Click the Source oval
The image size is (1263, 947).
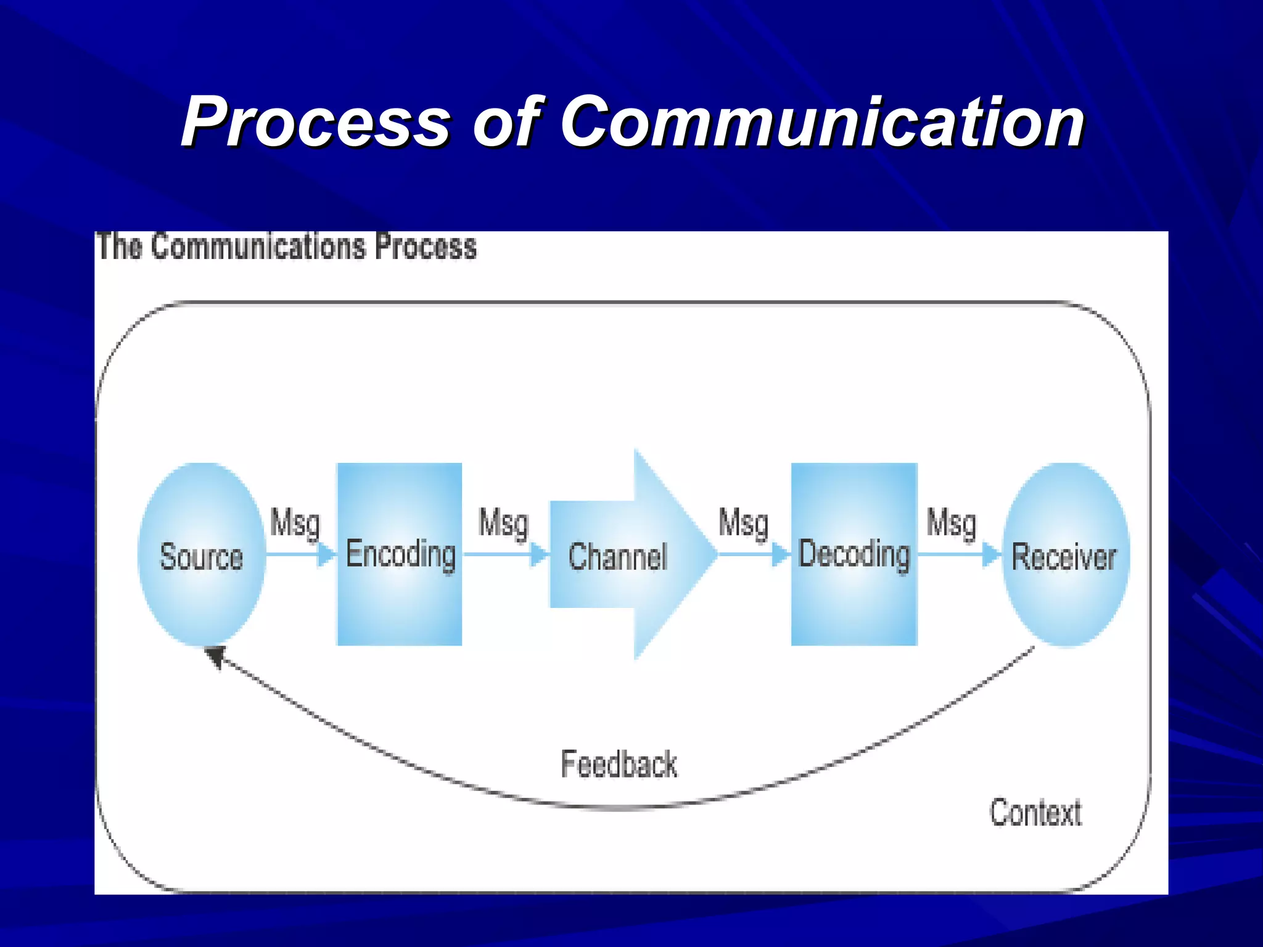[x=201, y=555]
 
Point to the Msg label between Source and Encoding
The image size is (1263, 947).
[x=295, y=523]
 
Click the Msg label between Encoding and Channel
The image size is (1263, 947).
[x=504, y=523]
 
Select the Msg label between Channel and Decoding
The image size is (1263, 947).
[x=743, y=523]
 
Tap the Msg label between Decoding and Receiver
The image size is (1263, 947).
[x=952, y=523]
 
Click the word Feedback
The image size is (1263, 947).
[x=619, y=765]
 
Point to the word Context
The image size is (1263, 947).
[x=1035, y=812]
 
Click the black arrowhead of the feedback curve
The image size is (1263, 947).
[x=215, y=656]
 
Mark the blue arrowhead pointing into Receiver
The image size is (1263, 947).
[x=990, y=554]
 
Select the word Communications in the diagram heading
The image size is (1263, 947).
[x=259, y=247]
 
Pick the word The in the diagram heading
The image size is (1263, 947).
[x=120, y=247]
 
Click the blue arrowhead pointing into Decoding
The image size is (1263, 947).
[x=781, y=554]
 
